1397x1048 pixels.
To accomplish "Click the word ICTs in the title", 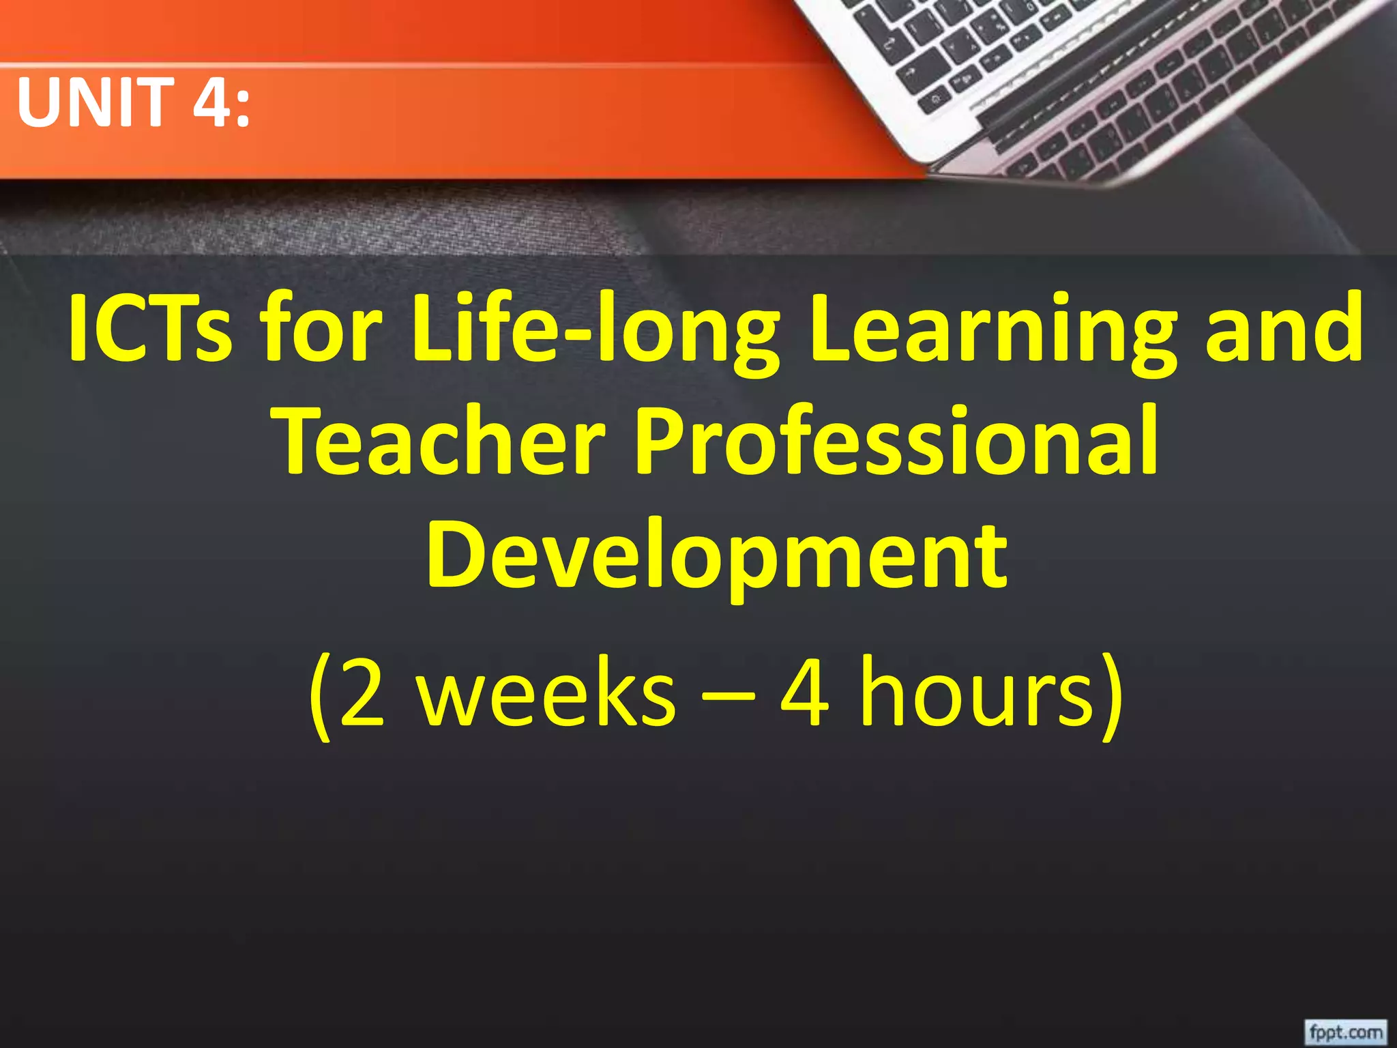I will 150,327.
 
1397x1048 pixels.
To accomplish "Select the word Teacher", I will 443,440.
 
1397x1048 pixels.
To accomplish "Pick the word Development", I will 716,556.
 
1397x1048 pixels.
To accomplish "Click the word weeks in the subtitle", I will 546,696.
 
